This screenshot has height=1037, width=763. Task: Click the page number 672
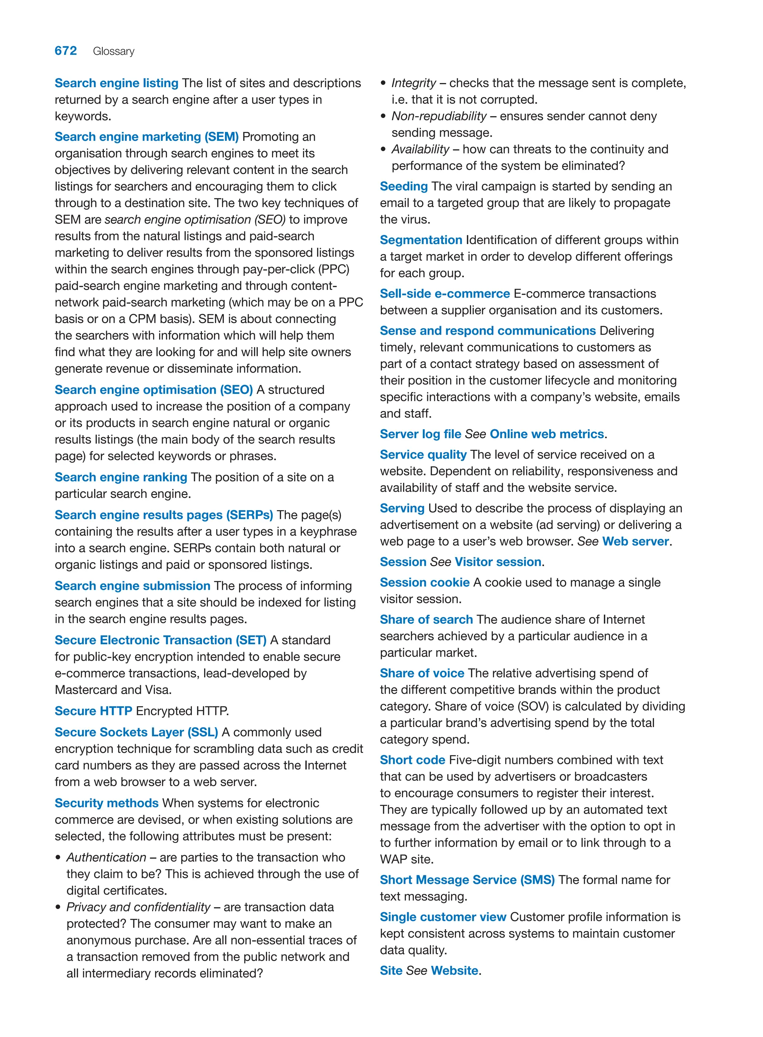(x=66, y=51)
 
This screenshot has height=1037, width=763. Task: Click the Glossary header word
(x=114, y=51)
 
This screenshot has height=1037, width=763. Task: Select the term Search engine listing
(x=116, y=83)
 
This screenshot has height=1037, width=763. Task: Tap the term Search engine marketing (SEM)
(x=146, y=137)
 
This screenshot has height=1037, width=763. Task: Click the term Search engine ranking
(x=121, y=477)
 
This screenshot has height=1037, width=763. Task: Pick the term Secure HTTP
(x=93, y=711)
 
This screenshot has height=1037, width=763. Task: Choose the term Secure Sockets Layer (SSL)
(x=136, y=732)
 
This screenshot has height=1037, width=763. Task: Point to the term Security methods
(x=107, y=803)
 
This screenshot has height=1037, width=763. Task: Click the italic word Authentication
(x=106, y=857)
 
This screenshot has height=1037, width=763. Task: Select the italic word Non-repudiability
(x=439, y=116)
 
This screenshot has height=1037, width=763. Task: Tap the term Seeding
(x=404, y=186)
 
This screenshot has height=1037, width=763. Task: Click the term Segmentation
(x=421, y=240)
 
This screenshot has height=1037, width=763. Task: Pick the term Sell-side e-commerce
(x=444, y=294)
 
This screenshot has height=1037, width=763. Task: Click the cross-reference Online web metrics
(x=547, y=434)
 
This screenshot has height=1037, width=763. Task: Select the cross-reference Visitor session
(x=498, y=562)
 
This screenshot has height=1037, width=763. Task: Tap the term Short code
(x=412, y=760)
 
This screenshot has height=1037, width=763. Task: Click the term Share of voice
(x=422, y=673)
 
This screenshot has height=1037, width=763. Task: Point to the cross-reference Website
(x=455, y=970)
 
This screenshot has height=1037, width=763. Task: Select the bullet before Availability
(x=383, y=150)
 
